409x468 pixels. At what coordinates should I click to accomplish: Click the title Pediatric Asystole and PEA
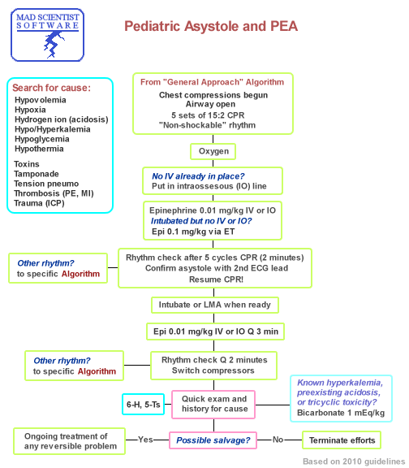[x=210, y=27]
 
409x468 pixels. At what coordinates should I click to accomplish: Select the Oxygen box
[x=214, y=152]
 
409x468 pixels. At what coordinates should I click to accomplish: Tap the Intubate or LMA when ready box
[x=214, y=305]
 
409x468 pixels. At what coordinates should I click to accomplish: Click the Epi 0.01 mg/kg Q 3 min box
[x=214, y=331]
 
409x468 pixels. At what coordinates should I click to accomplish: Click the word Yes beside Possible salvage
[x=145, y=440]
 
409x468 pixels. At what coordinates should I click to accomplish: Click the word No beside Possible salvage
[x=278, y=440]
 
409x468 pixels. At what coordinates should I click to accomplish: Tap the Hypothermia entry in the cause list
[x=38, y=149]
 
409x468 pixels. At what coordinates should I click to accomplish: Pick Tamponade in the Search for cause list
[x=37, y=174]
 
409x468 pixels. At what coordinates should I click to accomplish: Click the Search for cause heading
[x=51, y=88]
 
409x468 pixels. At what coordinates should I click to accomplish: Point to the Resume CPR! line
[x=213, y=279]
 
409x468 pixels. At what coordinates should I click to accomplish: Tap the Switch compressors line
[x=214, y=370]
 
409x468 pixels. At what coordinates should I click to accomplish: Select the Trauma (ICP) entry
[x=40, y=203]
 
